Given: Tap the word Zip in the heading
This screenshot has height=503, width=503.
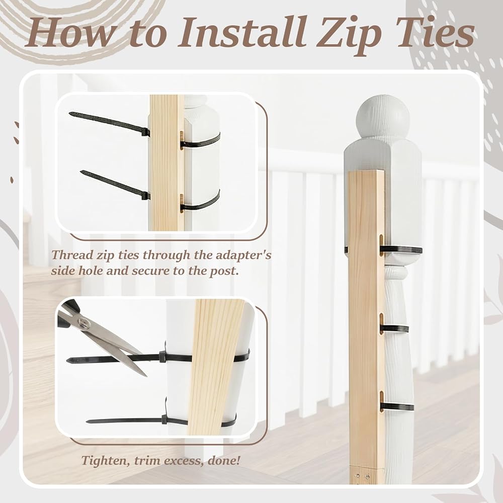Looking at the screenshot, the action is pos(350,36).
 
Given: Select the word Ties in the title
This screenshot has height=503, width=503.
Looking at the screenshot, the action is pos(435,32).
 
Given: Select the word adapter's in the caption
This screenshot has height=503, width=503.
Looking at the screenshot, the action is pos(243,255).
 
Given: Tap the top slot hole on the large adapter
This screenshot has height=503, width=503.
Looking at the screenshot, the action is pos(381,245).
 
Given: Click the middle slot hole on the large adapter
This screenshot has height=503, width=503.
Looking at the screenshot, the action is pos(381,324).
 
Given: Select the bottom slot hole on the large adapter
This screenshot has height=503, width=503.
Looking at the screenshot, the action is pos(382,401).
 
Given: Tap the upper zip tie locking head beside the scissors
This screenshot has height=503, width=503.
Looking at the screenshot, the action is pos(162,356).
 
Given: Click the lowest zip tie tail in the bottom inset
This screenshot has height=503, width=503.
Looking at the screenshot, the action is pos(125,420).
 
